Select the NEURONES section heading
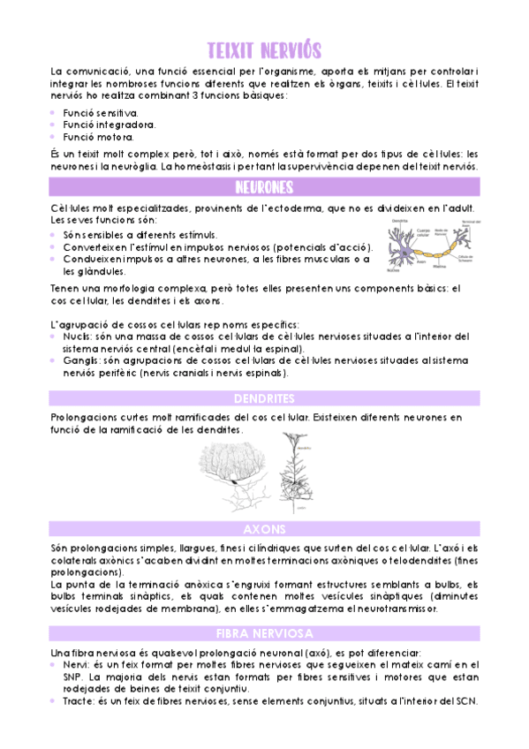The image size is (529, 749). point(264,187)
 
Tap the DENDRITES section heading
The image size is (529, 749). point(264,398)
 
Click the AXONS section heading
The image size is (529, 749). point(264,528)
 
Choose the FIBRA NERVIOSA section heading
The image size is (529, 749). point(264,633)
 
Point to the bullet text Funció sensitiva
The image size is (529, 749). point(100,114)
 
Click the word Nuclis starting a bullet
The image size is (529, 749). point(77,336)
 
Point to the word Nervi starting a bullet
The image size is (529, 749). point(75,664)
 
